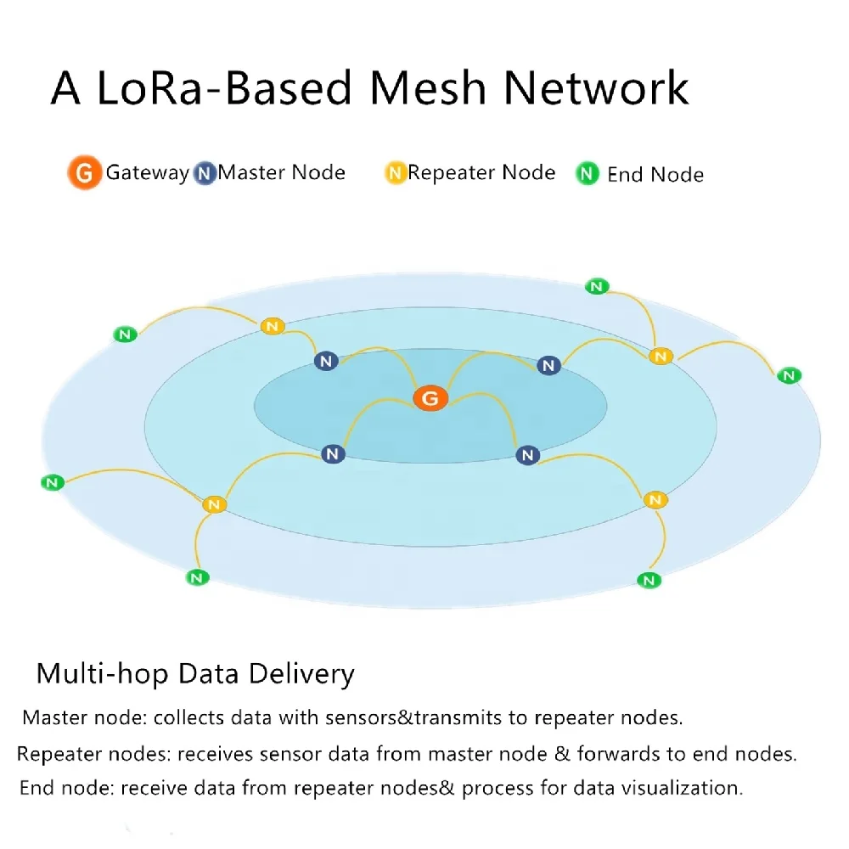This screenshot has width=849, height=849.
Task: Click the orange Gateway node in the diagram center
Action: pyautogui.click(x=430, y=398)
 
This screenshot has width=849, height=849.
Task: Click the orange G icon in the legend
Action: pyautogui.click(x=84, y=173)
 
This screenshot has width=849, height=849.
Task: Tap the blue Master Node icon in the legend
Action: pyautogui.click(x=204, y=173)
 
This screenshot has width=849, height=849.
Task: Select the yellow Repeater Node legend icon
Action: pyautogui.click(x=395, y=173)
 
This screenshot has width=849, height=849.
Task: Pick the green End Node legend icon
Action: pyautogui.click(x=588, y=175)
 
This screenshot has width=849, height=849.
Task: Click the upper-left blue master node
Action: pyautogui.click(x=326, y=362)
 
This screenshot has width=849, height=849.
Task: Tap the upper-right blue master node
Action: pyautogui.click(x=549, y=366)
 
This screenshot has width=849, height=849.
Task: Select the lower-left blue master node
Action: pyautogui.click(x=333, y=454)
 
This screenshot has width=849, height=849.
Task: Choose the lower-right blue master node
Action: pyautogui.click(x=528, y=456)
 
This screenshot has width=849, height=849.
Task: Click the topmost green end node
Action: pyautogui.click(x=598, y=286)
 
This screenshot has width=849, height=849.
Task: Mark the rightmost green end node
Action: pyautogui.click(x=790, y=375)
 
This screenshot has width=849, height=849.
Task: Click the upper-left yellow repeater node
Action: pyautogui.click(x=272, y=326)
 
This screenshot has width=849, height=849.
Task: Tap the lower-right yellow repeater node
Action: pyautogui.click(x=655, y=500)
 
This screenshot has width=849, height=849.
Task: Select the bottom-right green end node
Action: pyautogui.click(x=649, y=581)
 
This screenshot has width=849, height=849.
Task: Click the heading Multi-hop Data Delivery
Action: pyautogui.click(x=195, y=674)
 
